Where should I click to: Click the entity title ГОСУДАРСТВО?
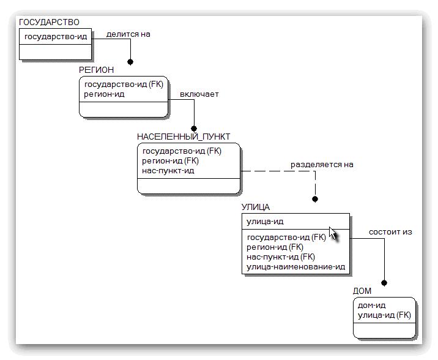click(49, 22)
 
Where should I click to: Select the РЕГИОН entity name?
click(96, 70)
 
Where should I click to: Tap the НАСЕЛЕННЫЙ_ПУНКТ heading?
click(184, 137)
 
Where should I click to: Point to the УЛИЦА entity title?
click(255, 208)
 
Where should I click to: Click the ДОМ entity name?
click(362, 291)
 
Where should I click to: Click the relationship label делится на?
click(128, 34)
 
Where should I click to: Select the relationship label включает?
click(199, 94)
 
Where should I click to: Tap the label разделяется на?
click(322, 165)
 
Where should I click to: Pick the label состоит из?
click(390, 232)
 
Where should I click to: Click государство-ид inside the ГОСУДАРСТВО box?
click(56, 37)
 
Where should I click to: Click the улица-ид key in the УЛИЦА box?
click(264, 221)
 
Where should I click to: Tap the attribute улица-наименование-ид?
click(295, 267)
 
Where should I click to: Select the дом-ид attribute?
click(371, 306)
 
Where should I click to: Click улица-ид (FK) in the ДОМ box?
click(384, 315)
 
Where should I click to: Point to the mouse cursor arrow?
click(333, 234)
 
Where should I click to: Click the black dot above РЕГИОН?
click(130, 62)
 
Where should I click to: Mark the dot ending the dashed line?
click(315, 199)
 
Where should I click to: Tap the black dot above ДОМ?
click(384, 283)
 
